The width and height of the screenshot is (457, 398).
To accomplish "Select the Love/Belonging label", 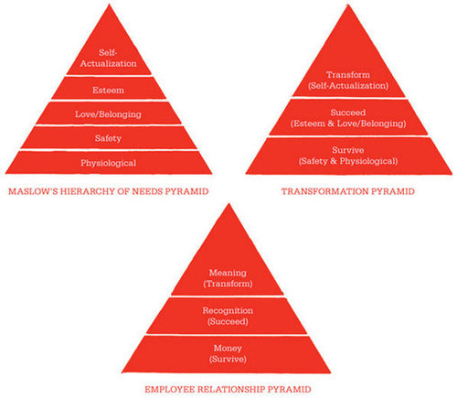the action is click(108, 114).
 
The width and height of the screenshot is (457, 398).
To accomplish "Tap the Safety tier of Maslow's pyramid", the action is click(108, 138).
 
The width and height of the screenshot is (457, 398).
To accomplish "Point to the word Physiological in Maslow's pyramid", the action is click(109, 163).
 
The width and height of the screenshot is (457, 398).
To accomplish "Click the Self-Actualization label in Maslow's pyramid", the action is click(109, 58).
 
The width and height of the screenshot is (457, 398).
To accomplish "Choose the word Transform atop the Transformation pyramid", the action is click(348, 75).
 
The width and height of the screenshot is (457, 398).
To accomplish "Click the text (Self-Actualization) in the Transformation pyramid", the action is click(348, 86).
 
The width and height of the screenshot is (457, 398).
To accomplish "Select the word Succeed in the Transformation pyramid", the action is click(348, 113).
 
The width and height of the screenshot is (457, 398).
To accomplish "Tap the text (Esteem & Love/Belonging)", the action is click(348, 124).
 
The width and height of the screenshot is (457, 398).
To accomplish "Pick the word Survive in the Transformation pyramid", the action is click(348, 150).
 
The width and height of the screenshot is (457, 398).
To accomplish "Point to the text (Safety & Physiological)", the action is click(348, 161).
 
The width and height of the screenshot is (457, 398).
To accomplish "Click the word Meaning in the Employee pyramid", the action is click(228, 273).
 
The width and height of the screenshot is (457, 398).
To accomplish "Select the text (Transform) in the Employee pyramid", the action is click(228, 284).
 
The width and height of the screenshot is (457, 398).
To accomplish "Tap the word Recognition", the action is click(228, 310).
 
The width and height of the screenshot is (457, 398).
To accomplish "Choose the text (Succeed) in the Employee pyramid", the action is click(228, 321).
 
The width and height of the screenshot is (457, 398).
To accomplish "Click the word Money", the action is click(228, 348).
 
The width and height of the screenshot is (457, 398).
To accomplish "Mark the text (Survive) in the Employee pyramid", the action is click(228, 359).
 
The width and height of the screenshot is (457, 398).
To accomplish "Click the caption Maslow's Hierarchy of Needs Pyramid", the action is click(109, 191).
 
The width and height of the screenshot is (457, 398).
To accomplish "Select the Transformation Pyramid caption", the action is click(348, 191).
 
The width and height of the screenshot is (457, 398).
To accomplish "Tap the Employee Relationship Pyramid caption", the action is click(228, 390).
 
